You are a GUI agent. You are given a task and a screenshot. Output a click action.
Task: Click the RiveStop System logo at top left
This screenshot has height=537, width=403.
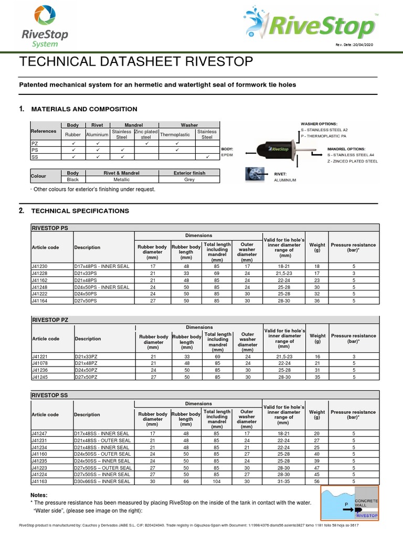pos(44,27)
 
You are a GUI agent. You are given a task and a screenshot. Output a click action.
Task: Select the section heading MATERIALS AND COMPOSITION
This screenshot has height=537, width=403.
pos(84,109)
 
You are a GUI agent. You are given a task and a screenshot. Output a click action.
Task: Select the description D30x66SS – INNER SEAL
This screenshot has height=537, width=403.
pos(103,481)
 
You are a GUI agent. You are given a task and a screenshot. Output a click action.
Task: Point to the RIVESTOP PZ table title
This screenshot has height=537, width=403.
pos(50,319)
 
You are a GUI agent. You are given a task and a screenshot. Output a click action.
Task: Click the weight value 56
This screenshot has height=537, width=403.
pos(317,481)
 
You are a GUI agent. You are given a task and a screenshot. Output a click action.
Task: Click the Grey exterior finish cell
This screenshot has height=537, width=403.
pos(189,179)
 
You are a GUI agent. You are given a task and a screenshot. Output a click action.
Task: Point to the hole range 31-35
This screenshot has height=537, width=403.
pos(283,481)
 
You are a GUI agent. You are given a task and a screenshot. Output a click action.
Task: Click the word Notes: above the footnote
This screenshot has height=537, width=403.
pos(39,495)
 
